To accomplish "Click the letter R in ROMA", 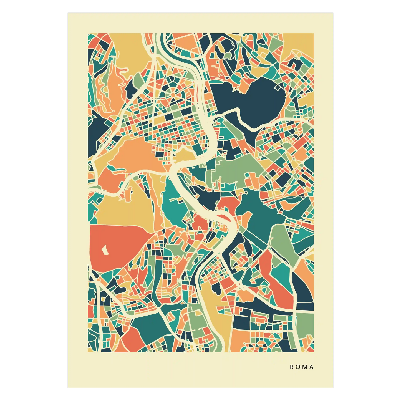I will [x=292, y=367].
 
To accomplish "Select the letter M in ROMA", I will [x=304, y=367].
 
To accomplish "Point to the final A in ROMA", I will [x=311, y=367].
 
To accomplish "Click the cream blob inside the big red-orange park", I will [x=105, y=250].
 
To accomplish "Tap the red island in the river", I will [x=222, y=216].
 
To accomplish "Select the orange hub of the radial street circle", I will [x=173, y=95].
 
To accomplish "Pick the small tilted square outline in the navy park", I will [x=278, y=87].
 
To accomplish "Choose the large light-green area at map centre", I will [x=236, y=169].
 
